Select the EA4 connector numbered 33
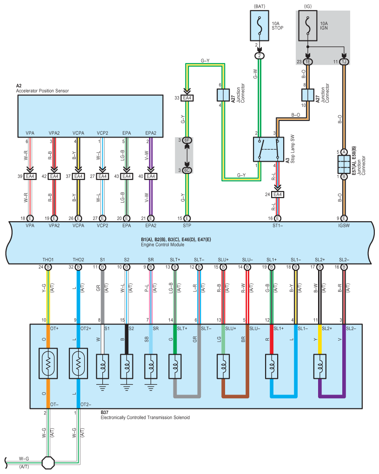click(187, 98)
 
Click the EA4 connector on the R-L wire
click(277, 194)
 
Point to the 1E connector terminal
click(308, 62)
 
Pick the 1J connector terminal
click(344, 62)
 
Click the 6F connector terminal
click(187, 140)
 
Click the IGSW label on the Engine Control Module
click(344, 225)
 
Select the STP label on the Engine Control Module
click(187, 225)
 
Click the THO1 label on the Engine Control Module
click(48, 259)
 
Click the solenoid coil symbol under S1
click(102, 363)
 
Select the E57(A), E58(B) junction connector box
click(344, 165)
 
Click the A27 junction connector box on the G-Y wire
click(221, 95)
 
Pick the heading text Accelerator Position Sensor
click(42, 91)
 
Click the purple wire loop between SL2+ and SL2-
click(331, 395)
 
